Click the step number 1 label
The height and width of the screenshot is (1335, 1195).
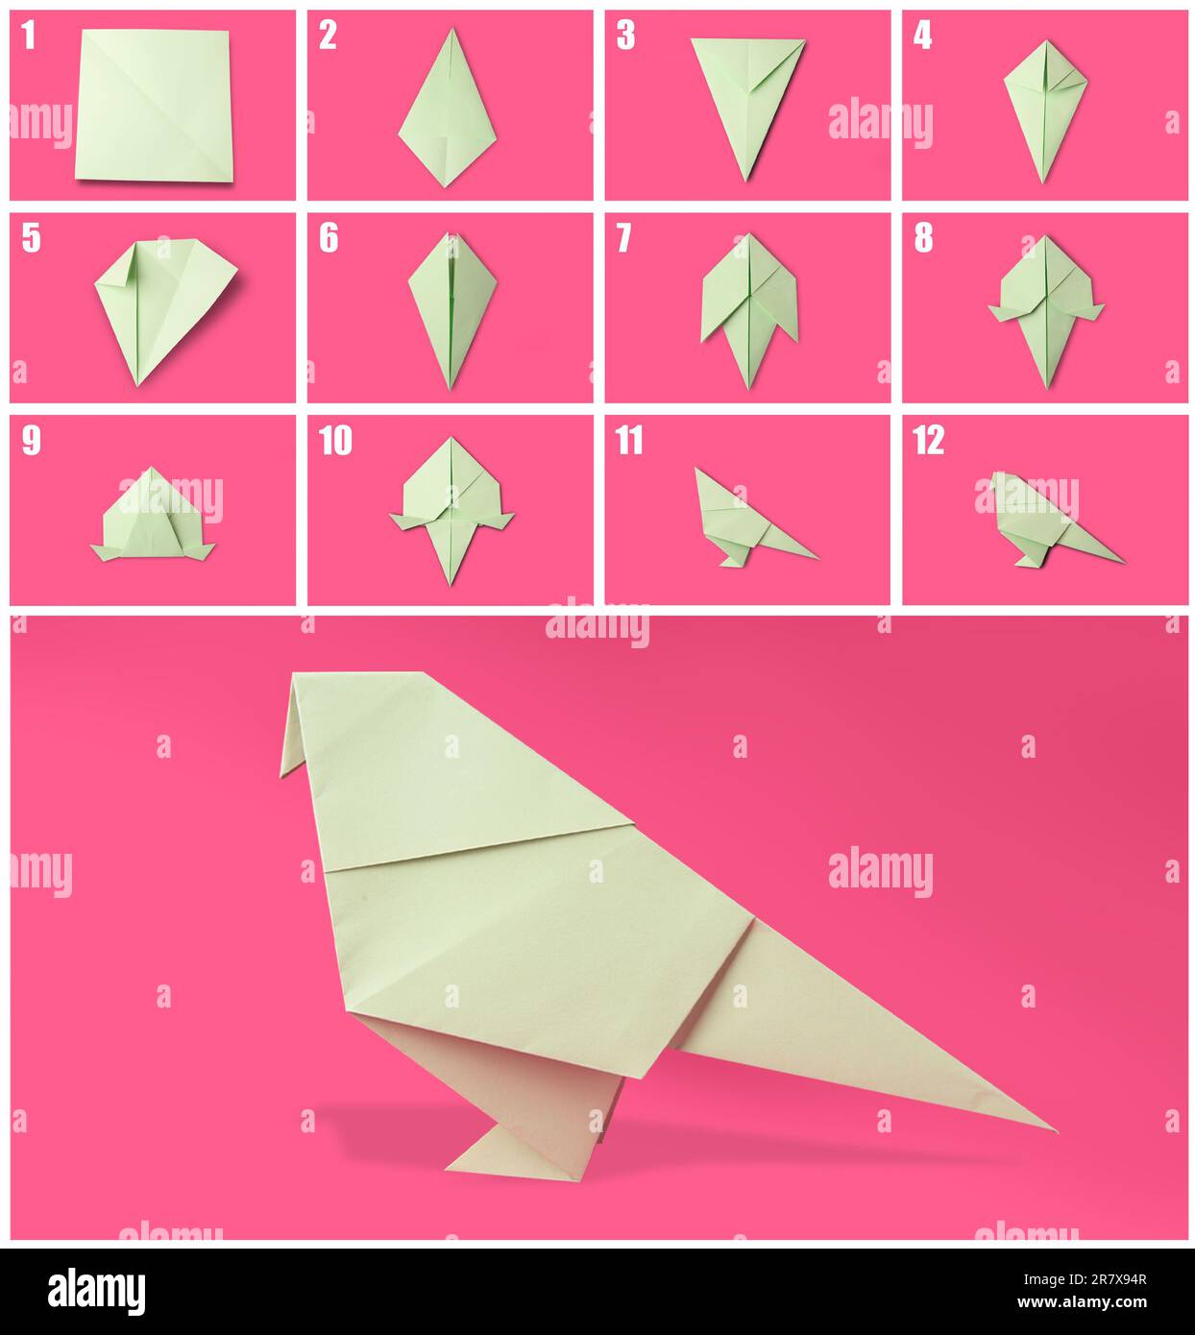coord(29,36)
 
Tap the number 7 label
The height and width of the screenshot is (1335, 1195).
coord(624,238)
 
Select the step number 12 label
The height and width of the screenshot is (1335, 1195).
coord(929,441)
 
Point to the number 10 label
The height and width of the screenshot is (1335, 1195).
coord(335,441)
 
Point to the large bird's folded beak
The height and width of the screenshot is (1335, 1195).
coord(298,730)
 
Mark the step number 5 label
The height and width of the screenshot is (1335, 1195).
coord(31,238)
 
